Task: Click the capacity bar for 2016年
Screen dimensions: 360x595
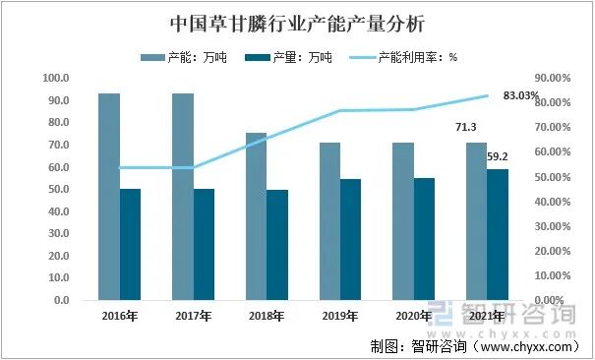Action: [109, 197]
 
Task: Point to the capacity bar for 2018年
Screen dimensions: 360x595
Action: [256, 216]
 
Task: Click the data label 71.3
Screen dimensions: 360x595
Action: [466, 127]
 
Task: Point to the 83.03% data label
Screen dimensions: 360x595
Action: [521, 95]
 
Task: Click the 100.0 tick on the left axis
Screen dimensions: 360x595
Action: [55, 79]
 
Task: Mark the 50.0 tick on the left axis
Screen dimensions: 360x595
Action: [56, 189]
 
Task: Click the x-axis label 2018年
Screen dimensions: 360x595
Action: [266, 316]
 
